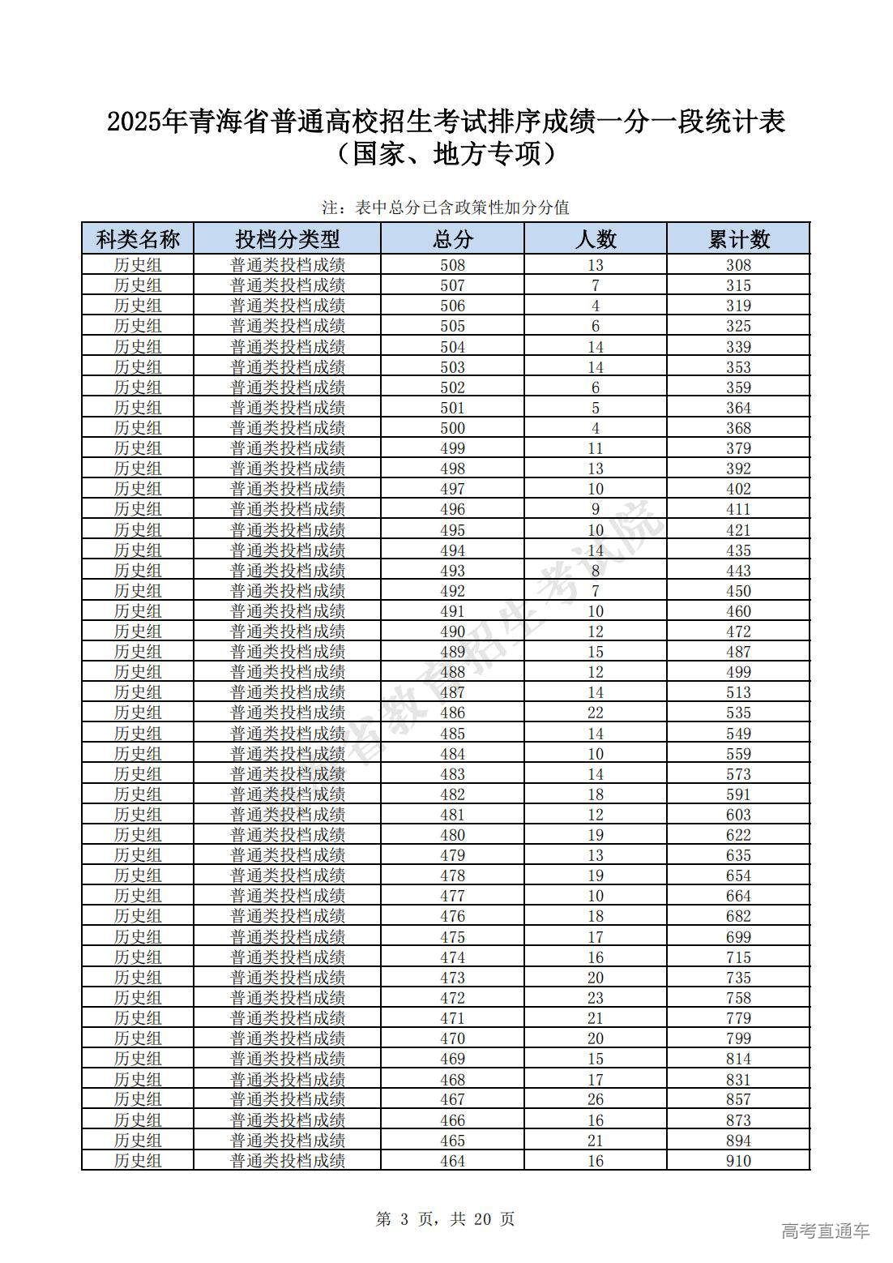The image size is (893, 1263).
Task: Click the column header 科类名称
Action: [x=138, y=239]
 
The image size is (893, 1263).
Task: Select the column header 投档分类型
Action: [x=288, y=239]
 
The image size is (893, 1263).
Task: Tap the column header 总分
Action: [x=452, y=239]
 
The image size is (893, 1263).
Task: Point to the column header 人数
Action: [x=596, y=239]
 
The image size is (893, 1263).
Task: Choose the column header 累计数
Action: [x=738, y=239]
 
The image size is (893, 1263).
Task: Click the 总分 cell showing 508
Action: [x=452, y=265]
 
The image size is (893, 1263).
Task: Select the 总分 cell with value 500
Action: [x=452, y=428]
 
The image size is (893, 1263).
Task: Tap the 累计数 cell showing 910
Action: [x=738, y=1161]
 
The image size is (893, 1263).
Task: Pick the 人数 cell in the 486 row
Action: [x=596, y=713]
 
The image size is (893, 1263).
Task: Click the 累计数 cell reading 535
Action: [x=738, y=713]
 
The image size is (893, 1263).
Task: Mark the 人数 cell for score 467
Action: [x=596, y=1099]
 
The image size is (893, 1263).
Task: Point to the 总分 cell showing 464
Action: [x=452, y=1161]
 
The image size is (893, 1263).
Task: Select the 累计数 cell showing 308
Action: [x=738, y=265]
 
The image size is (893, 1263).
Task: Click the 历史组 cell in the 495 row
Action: [x=138, y=529]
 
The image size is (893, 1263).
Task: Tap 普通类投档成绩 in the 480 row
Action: [x=288, y=835]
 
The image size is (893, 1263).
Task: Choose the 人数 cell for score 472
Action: [x=596, y=998]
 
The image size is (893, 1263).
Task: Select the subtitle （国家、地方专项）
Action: [x=446, y=153]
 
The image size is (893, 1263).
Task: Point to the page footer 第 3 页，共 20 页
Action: [x=446, y=1219]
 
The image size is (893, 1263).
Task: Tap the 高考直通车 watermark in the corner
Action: [x=825, y=1231]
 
